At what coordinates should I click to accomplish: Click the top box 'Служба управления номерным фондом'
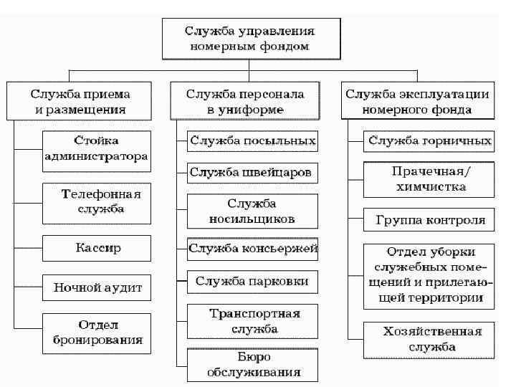[250, 39]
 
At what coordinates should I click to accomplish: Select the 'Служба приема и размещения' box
[80, 102]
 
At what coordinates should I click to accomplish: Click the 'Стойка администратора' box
[96, 149]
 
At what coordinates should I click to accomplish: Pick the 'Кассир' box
[97, 248]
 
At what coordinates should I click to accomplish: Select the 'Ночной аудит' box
[97, 289]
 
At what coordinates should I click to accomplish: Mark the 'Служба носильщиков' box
[252, 211]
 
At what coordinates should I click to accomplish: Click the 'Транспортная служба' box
[253, 321]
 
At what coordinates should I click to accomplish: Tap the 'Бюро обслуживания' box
[253, 365]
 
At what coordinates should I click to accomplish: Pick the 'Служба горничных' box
[429, 141]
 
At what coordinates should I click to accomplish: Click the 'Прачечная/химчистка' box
[429, 180]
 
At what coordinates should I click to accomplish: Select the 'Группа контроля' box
[429, 220]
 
